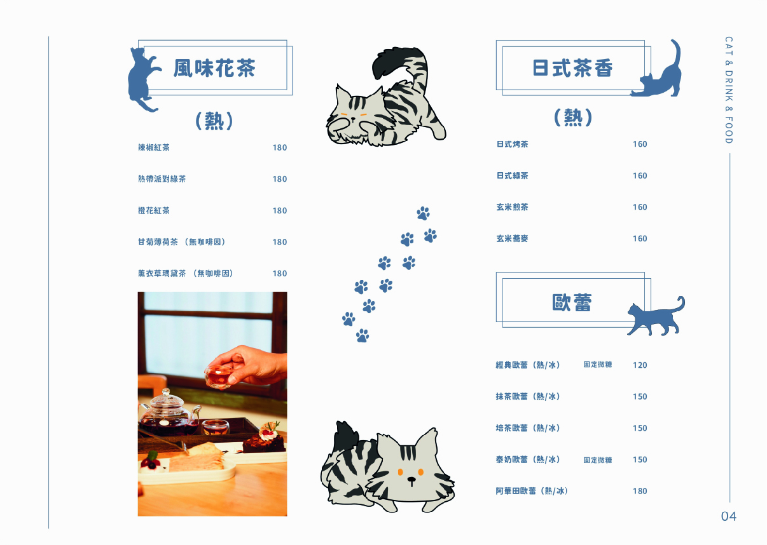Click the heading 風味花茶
coord(214,68)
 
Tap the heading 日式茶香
coord(572,68)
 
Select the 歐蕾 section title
coord(572,302)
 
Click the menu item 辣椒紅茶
coord(154,147)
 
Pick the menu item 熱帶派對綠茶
coord(162,179)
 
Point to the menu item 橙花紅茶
coord(154,210)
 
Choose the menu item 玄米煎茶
coord(512,207)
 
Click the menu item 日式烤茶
coord(512,144)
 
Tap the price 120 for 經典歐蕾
coord(640,365)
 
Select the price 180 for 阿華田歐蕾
coord(640,491)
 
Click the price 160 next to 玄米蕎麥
coord(640,238)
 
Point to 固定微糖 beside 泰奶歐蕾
coord(597,460)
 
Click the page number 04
coord(729,516)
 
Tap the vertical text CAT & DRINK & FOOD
coord(729,90)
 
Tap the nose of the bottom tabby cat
coord(411,480)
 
